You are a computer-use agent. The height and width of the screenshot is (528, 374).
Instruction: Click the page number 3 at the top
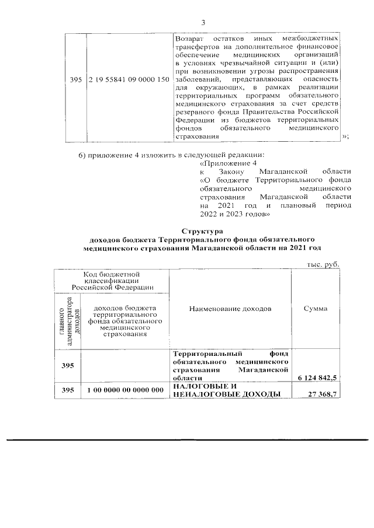tap(203, 23)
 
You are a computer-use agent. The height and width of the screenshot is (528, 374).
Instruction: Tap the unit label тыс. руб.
tap(323, 265)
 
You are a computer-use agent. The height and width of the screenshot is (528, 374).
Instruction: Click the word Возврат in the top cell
tap(189, 38)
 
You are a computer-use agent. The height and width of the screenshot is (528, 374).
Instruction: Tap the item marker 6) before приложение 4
tap(83, 155)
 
